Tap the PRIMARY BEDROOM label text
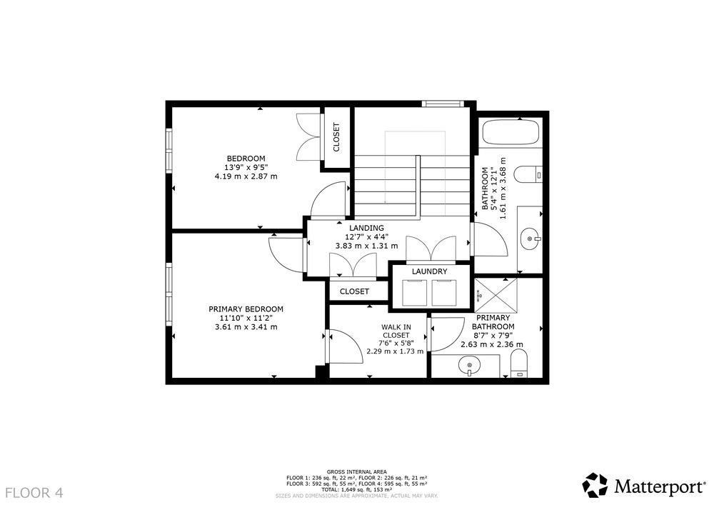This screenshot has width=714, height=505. [x=246, y=309]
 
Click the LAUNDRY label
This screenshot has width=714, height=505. [x=429, y=271]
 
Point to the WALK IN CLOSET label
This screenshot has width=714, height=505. [x=396, y=331]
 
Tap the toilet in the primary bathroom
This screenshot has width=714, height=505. [x=519, y=364]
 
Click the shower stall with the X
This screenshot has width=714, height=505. [x=496, y=294]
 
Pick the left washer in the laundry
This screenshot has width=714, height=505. [x=414, y=293]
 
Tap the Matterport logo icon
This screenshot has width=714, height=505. [x=595, y=486]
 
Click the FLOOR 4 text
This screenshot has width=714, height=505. [x=34, y=493]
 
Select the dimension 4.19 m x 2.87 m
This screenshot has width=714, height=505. [x=246, y=176]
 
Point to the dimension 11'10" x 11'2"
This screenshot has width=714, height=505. [x=246, y=318]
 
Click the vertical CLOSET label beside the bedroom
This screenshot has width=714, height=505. [x=336, y=136]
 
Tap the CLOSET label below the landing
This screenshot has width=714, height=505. [x=354, y=291]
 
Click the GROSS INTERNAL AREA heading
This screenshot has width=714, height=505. [x=356, y=471]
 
